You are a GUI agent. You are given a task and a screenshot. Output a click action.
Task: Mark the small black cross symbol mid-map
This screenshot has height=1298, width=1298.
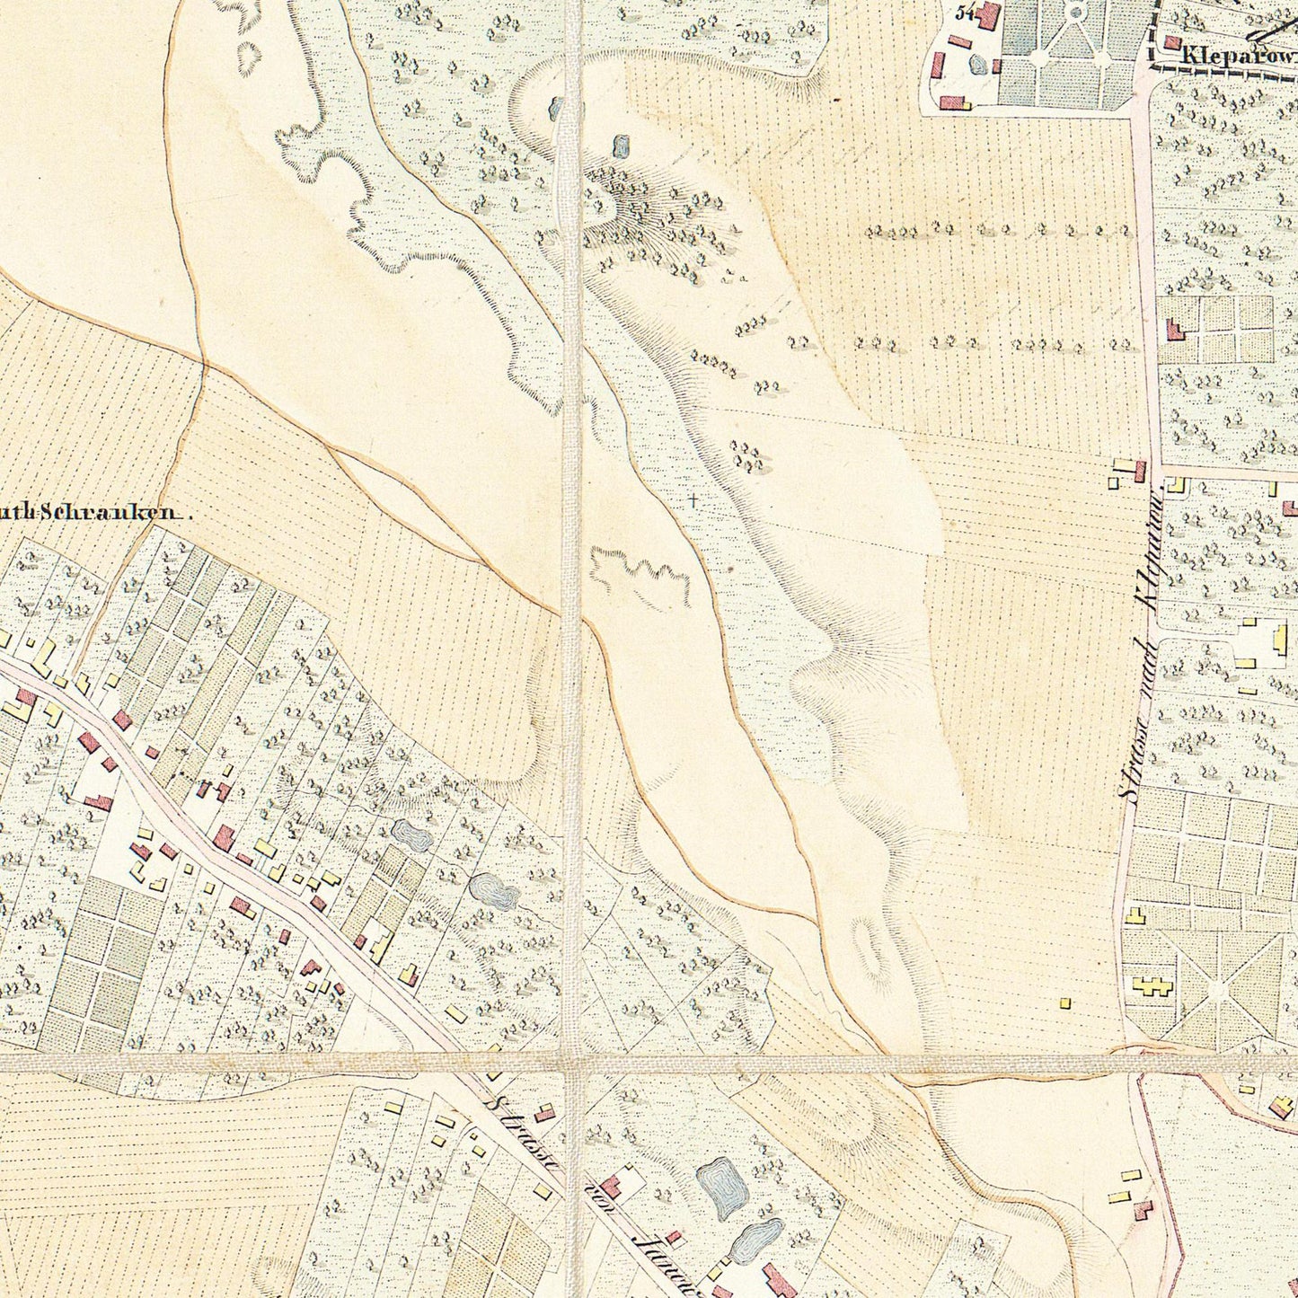click(693, 500)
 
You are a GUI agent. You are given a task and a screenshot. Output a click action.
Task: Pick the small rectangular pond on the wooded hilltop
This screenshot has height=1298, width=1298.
click(620, 145)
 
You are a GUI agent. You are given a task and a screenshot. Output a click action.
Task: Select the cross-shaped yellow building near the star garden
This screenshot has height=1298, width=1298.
click(1152, 985)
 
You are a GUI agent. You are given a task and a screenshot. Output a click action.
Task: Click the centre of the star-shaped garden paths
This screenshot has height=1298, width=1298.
click(1217, 988)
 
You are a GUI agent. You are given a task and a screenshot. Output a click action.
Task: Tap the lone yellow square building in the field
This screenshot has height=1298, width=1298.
click(1065, 1002)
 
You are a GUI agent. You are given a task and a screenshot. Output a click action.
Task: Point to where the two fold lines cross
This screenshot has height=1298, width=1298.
click(572, 1064)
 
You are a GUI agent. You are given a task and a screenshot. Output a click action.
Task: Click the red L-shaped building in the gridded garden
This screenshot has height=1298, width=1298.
click(1173, 330)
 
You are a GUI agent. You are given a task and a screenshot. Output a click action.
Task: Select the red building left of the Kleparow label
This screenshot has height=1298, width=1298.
click(1171, 42)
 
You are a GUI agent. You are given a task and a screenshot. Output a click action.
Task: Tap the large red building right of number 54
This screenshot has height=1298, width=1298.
click(988, 15)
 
